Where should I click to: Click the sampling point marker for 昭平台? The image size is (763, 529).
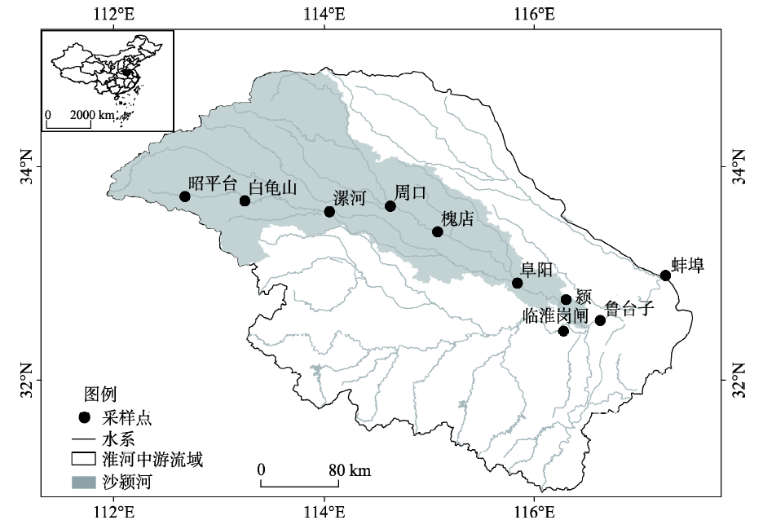[185, 196]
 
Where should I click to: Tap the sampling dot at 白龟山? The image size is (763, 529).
[245, 201]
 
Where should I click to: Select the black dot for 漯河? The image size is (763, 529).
[329, 212]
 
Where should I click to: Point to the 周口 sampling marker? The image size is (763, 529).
[390, 206]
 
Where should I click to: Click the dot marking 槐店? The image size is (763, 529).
[438, 231]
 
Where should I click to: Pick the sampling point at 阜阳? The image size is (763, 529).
[517, 283]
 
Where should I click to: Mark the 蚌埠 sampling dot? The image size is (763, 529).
[665, 276]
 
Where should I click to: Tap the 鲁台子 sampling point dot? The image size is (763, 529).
[600, 320]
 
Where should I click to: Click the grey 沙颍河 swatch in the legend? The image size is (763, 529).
[82, 483]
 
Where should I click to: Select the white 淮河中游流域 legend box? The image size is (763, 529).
[82, 460]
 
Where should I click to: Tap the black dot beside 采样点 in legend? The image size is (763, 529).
[82, 419]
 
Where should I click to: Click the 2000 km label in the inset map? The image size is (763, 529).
[93, 116]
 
